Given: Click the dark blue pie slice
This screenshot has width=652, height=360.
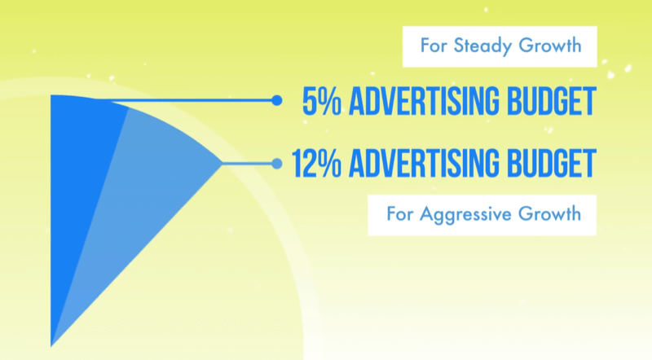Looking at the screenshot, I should (77, 179).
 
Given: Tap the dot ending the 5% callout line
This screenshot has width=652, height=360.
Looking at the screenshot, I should (276, 101).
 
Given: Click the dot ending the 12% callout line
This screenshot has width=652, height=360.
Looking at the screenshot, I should (276, 163).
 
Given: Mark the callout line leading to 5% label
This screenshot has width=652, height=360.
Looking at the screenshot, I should (196, 101).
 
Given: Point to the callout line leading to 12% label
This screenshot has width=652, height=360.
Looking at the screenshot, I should (249, 163).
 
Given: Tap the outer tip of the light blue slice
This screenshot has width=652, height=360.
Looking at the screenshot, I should (220, 163).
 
